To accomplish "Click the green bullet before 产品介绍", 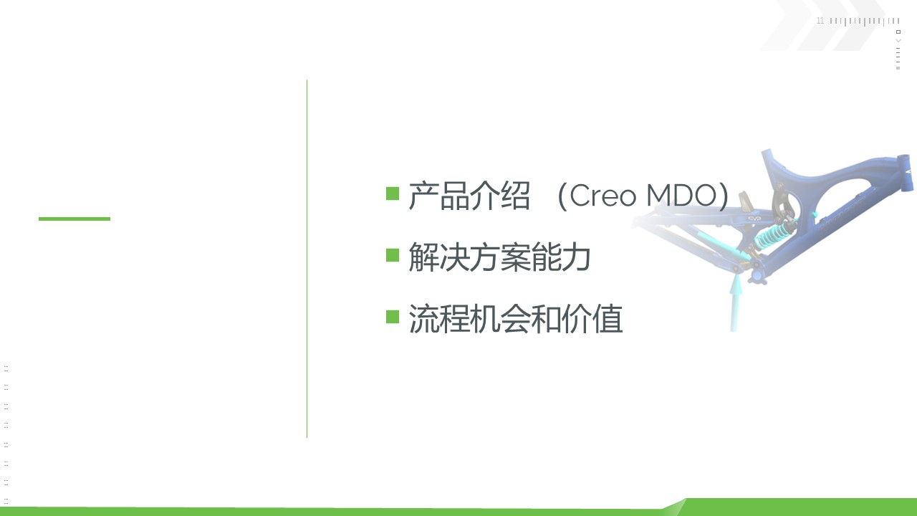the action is tap(393, 193).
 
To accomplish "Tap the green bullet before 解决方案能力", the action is tap(393, 255).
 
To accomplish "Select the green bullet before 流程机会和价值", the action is tap(393, 317).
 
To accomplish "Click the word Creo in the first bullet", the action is tap(602, 196).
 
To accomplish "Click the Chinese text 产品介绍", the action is tap(469, 196).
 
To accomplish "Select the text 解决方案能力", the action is tap(499, 257).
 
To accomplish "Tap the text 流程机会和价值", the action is tap(516, 319).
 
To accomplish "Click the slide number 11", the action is tap(820, 21).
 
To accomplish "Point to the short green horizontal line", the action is tap(75, 219).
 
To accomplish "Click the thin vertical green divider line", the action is tap(307, 259).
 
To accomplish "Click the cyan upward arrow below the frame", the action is tap(736, 302).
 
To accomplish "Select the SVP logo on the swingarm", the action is tap(754, 219).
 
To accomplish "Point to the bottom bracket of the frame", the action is tap(757, 275).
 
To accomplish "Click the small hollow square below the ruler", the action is tap(898, 32).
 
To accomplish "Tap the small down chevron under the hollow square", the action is tap(898, 41).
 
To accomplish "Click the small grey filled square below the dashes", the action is tap(898, 68).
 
